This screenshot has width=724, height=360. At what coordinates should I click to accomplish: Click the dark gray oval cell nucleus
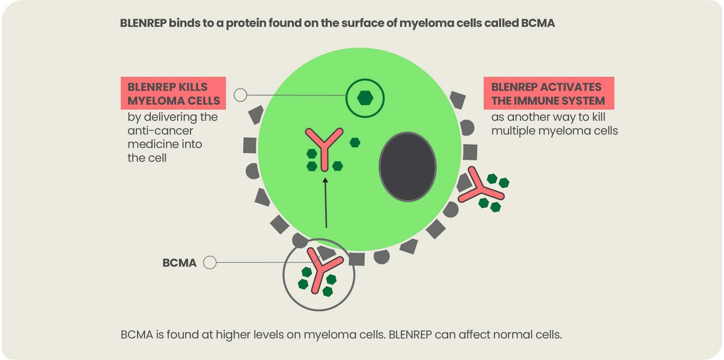[407, 167]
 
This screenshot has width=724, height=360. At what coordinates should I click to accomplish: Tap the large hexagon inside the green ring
[365, 98]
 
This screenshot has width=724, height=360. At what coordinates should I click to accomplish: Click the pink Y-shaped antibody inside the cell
[324, 147]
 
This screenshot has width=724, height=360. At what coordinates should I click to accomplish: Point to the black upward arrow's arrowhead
[326, 180]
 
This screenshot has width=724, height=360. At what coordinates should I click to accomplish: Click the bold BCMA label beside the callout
[180, 263]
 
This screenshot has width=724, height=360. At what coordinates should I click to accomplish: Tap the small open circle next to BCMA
[210, 263]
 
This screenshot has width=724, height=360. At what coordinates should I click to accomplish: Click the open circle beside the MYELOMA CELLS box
[240, 95]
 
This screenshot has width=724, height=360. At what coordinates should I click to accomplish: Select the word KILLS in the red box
[193, 87]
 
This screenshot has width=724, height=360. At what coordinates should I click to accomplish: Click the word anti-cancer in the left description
[160, 131]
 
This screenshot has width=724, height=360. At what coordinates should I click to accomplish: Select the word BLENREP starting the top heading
[143, 23]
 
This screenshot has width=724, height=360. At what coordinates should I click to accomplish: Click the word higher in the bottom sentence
[233, 335]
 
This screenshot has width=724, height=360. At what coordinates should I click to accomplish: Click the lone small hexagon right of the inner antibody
[355, 143]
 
